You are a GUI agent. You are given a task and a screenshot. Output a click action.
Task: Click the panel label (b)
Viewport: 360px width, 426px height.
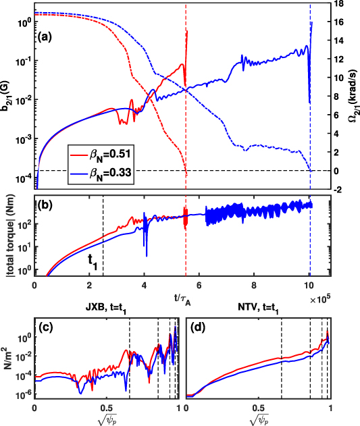click(47, 206)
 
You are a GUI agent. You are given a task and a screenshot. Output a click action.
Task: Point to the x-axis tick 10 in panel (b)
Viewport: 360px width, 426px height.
click(309, 286)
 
